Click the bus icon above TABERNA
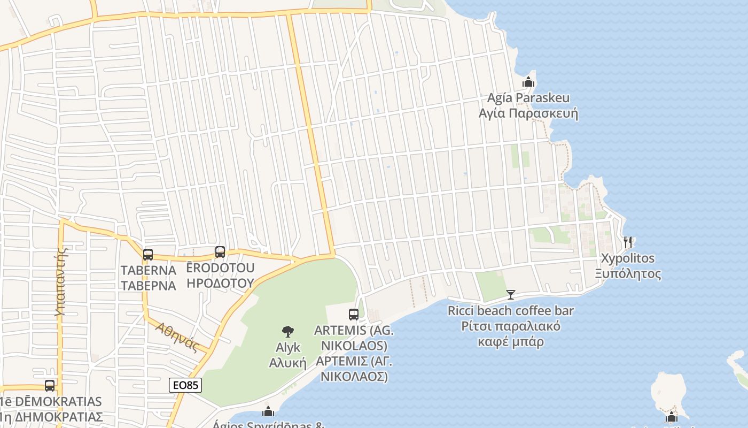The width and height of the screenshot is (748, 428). click(x=148, y=255)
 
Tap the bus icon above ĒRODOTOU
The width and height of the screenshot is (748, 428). click(x=220, y=252)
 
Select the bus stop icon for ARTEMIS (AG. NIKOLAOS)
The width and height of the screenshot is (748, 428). click(x=353, y=315)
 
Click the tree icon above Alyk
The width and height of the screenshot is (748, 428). click(x=288, y=332)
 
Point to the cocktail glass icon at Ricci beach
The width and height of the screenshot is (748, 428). click(x=511, y=295)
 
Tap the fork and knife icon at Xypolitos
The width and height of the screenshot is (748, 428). click(x=628, y=242)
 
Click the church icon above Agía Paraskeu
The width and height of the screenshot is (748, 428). click(x=528, y=82)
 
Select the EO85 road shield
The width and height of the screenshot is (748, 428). click(x=185, y=385)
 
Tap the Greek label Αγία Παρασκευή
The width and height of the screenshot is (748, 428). click(x=528, y=114)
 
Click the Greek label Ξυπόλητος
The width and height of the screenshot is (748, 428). click(x=628, y=274)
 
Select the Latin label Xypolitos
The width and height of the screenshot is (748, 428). click(x=628, y=258)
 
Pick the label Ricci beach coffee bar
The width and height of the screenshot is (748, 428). click(x=511, y=310)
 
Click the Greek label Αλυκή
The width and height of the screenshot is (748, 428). click(x=287, y=363)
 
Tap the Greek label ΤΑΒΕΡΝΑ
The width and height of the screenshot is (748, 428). click(x=148, y=285)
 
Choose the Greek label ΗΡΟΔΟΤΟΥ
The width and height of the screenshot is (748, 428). click(x=221, y=283)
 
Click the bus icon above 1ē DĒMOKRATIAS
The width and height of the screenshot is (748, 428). click(x=50, y=385)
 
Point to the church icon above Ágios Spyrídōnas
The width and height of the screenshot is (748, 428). click(x=268, y=411)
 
